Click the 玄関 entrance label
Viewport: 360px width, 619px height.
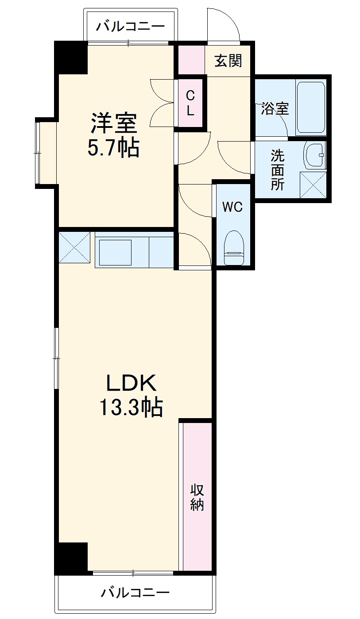[x=228, y=61]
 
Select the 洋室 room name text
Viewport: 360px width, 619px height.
[x=114, y=123]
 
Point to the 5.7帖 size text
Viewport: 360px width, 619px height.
[x=114, y=148]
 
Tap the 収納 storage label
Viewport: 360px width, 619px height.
[x=197, y=497]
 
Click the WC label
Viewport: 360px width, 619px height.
[x=232, y=207]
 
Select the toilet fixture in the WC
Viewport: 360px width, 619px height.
[x=234, y=248]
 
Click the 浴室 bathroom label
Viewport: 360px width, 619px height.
[x=275, y=108]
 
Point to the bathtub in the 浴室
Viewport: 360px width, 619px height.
[x=311, y=108]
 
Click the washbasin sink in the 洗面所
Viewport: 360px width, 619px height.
[x=314, y=156]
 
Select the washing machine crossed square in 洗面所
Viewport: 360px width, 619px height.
[x=313, y=185]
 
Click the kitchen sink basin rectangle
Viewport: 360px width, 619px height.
[x=115, y=252]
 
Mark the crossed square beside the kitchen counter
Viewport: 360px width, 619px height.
[x=74, y=247]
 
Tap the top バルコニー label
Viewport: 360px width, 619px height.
[x=131, y=26]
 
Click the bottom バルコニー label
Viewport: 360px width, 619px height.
[x=135, y=592]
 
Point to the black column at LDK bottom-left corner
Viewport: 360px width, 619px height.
[x=71, y=557]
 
